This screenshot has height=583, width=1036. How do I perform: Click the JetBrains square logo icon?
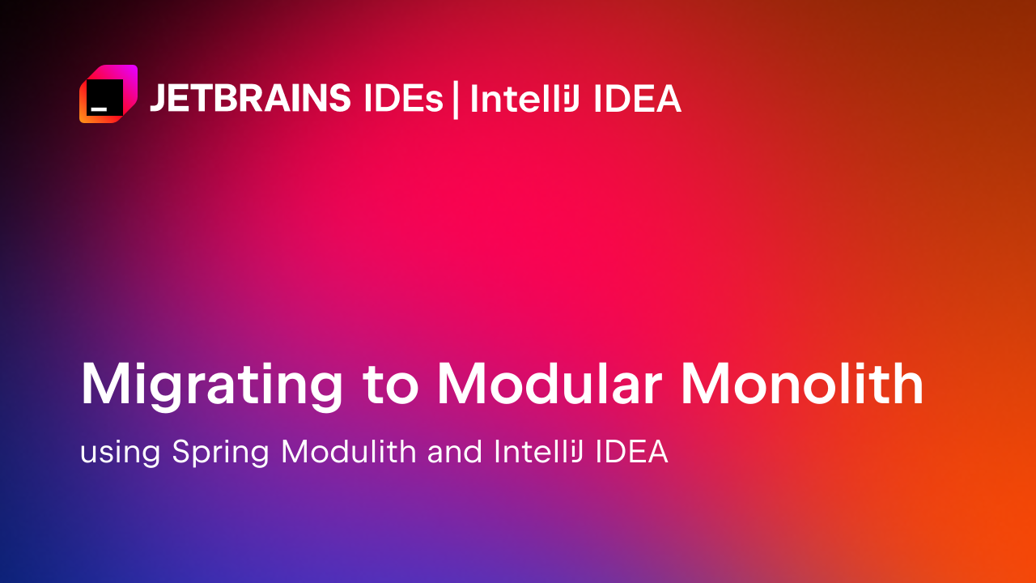(108, 94)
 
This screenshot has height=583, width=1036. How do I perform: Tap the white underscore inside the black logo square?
(99, 107)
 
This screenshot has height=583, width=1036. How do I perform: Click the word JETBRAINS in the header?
(250, 99)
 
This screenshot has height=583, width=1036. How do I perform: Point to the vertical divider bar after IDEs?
(456, 99)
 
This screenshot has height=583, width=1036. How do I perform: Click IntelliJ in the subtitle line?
(539, 452)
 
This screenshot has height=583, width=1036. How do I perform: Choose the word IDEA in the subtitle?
(631, 452)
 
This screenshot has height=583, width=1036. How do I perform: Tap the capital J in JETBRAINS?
(159, 99)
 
